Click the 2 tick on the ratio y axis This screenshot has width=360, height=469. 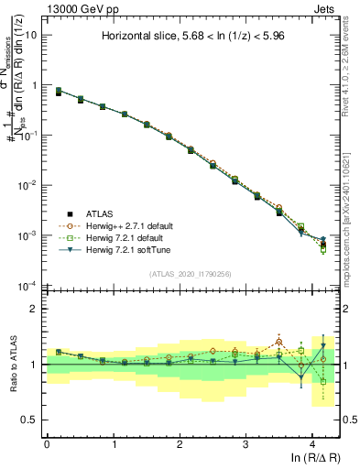tap(34, 309)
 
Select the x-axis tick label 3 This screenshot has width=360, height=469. tap(245, 444)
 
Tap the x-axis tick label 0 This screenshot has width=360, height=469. tap(47, 444)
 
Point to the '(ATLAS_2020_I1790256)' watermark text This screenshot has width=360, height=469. tap(191, 273)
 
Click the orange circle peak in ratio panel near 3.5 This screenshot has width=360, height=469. tap(279, 342)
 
